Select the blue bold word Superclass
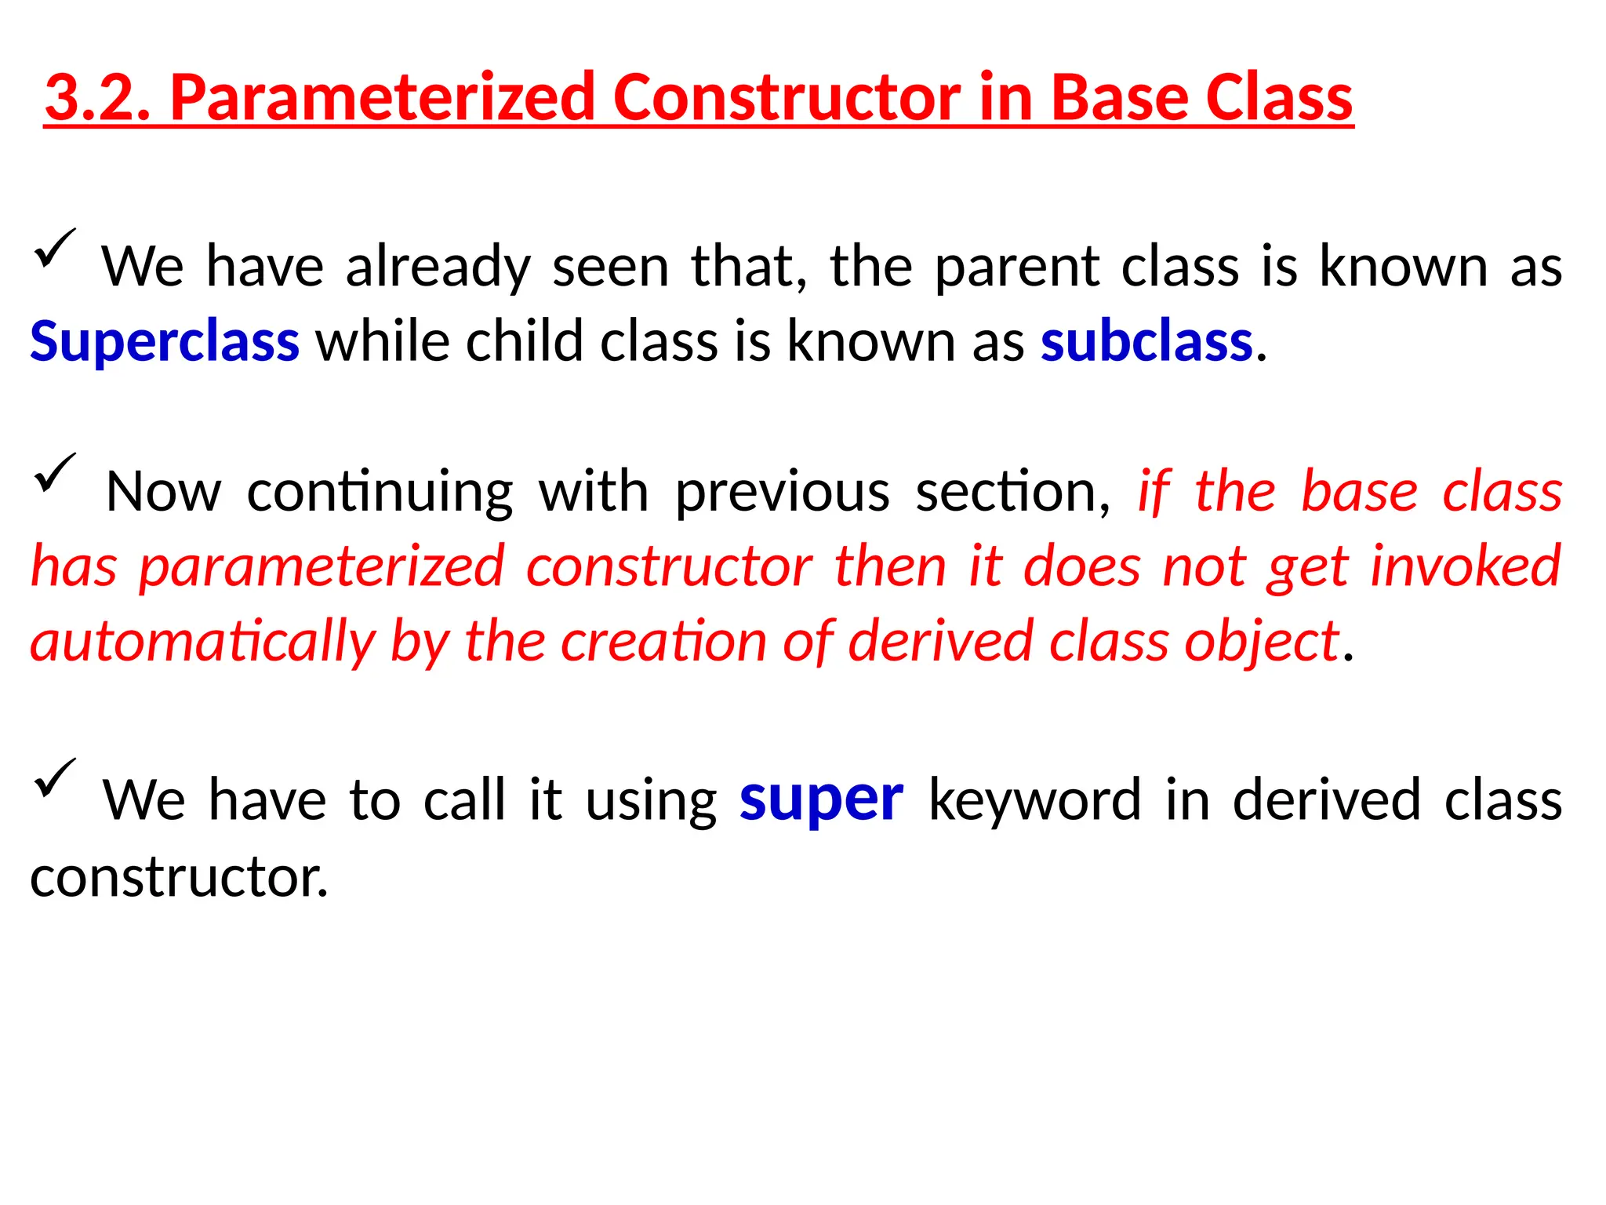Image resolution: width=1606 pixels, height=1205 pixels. [165, 342]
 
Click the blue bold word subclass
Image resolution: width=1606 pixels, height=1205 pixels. [1146, 342]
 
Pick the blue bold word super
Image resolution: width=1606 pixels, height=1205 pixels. [821, 799]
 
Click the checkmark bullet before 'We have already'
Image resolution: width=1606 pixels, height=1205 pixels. [53, 249]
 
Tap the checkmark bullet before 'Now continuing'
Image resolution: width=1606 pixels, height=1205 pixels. [53, 474]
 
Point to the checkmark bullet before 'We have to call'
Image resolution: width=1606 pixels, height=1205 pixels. [53, 779]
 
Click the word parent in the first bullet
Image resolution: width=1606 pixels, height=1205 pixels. [1017, 268]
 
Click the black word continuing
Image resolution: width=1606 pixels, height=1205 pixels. [380, 492]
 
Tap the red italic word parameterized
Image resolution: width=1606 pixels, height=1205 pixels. [322, 566]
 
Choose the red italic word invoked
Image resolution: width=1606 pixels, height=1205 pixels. [1466, 566]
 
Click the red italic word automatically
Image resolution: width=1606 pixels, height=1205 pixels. [203, 642]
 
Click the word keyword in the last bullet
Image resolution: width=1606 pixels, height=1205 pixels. [1034, 799]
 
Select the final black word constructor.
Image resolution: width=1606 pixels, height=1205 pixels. [178, 876]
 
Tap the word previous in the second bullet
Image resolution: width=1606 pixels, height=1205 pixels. [782, 492]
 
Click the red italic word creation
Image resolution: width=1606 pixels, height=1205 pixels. [663, 642]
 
